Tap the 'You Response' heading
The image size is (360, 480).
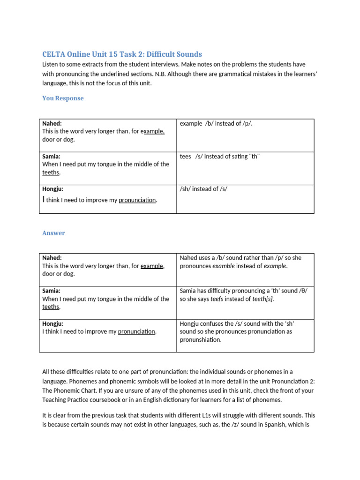click(x=63, y=98)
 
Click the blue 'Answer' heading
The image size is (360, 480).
click(x=53, y=233)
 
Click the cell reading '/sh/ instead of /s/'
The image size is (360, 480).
click(x=203, y=189)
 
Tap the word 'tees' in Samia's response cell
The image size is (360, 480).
click(x=186, y=156)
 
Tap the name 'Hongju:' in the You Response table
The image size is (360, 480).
click(x=52, y=189)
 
